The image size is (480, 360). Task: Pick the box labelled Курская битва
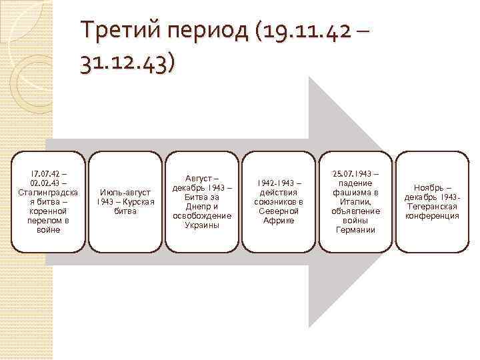[126, 202]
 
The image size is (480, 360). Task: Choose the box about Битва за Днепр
[202, 202]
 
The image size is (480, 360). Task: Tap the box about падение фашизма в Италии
[357, 202]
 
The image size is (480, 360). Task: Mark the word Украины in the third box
[202, 225]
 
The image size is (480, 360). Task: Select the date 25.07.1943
[357, 174]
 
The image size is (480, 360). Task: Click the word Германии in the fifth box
[357, 230]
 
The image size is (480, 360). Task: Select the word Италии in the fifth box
[355, 202]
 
